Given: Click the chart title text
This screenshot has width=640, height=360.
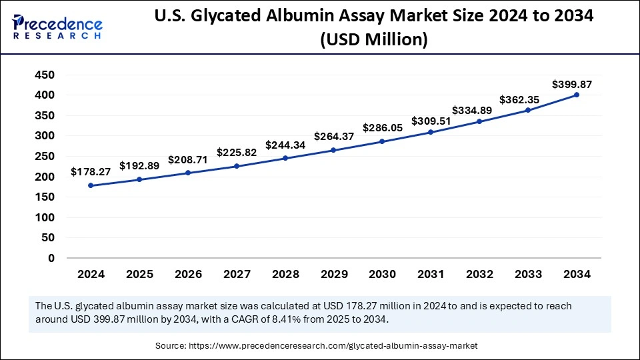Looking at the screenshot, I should tap(373, 27).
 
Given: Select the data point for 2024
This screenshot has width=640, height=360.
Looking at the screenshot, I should tap(91, 185).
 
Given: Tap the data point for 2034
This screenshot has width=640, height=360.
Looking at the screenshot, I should tap(577, 95).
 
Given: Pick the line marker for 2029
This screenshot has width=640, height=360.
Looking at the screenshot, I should tap(333, 150).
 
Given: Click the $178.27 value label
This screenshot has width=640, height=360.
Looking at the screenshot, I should tap(91, 172).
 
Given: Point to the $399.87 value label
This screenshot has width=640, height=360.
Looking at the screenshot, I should tap(572, 85).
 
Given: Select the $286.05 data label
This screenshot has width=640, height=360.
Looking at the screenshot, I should tap(382, 127).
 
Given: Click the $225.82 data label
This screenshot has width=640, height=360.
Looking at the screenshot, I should tap(237, 152).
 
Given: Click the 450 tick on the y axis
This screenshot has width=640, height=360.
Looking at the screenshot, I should tap(45, 75).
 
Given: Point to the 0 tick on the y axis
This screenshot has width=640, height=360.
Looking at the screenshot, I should tap(51, 258).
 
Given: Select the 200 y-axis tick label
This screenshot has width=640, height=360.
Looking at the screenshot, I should tap(45, 177).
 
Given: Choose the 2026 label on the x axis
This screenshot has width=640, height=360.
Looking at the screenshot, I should tap(188, 274).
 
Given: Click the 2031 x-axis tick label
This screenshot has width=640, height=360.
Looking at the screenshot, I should tap(431, 274).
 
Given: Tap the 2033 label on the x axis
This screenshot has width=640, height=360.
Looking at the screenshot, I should tap(528, 274).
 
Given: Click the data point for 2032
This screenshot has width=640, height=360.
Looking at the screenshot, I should tap(479, 121).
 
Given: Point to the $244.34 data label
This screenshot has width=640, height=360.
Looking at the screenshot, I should tap(285, 145).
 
